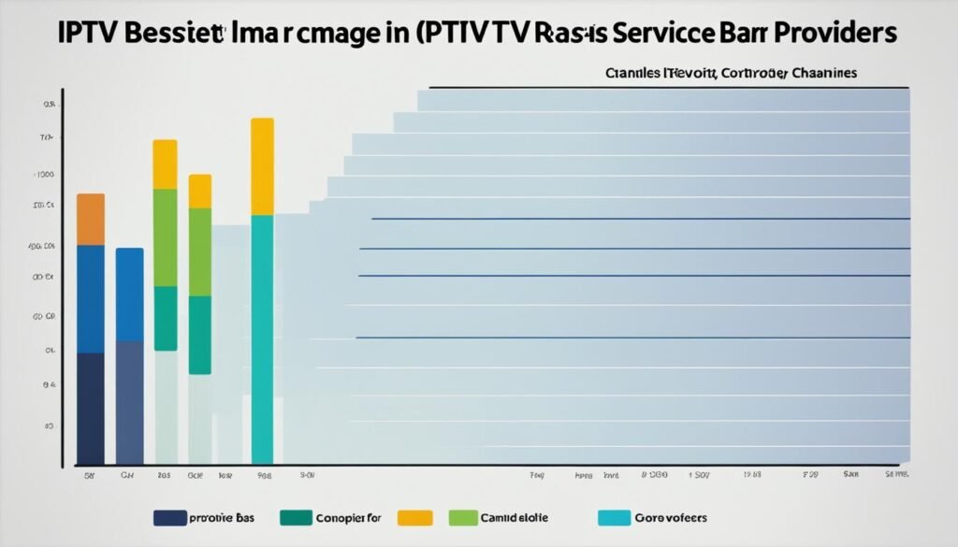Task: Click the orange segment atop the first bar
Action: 91,219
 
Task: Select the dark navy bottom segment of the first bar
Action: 91,408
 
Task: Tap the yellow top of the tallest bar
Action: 262,166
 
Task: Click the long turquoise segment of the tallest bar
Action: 262,338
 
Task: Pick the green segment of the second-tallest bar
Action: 165,237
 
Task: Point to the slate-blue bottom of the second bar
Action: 129,402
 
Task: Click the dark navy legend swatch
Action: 167,517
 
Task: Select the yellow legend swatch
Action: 414,517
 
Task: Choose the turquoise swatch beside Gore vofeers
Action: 614,517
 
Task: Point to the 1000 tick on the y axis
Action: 44,174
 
